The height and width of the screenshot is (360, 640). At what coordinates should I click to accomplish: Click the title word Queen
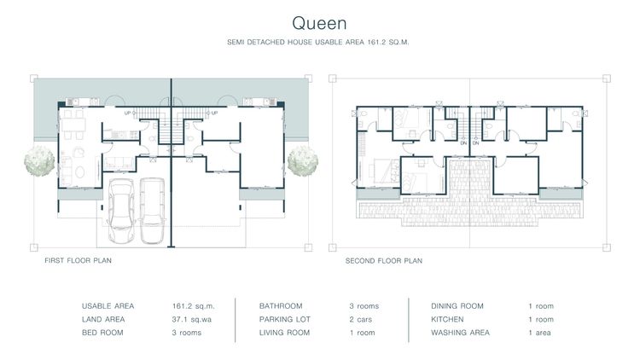(319, 20)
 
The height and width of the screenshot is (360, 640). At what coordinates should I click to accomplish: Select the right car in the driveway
(153, 209)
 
